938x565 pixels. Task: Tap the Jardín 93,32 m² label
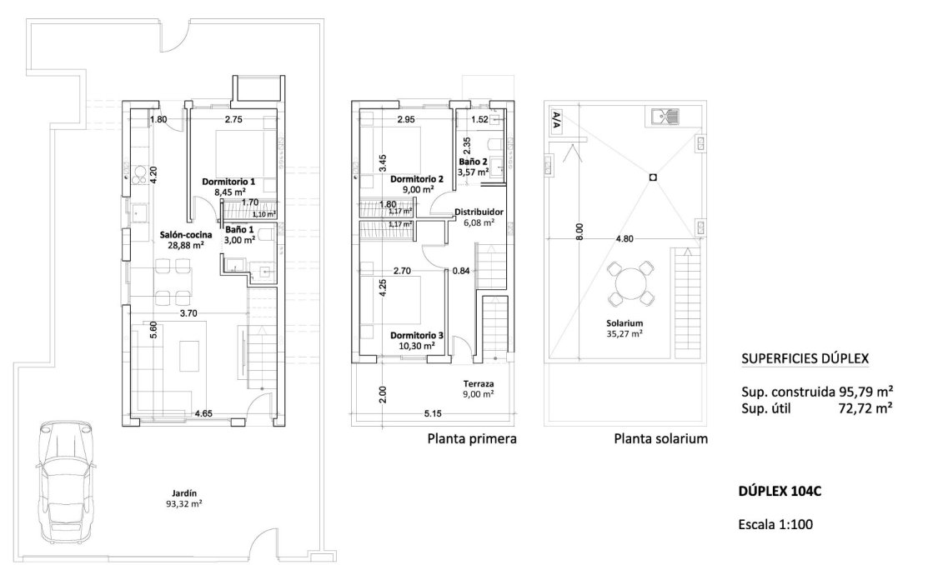[184, 497]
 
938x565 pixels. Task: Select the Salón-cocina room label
[185, 241]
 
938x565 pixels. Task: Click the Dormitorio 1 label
[228, 187]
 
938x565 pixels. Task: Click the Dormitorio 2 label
[416, 183]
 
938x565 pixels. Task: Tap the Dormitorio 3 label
[417, 340]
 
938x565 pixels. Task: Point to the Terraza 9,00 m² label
[479, 389]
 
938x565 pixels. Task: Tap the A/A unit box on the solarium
[556, 121]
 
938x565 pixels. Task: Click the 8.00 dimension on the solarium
[579, 232]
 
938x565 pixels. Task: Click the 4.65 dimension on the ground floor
[203, 412]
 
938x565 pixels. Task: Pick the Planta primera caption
[472, 438]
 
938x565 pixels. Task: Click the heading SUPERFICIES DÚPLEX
[805, 359]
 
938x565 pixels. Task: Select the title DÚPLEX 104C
[780, 492]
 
